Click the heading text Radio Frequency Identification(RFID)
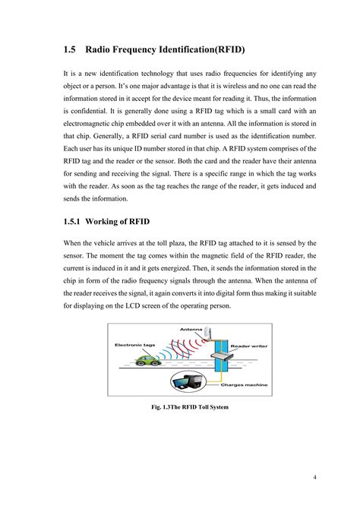(x=166, y=50)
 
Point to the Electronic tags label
(x=134, y=344)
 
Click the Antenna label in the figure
(x=191, y=329)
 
